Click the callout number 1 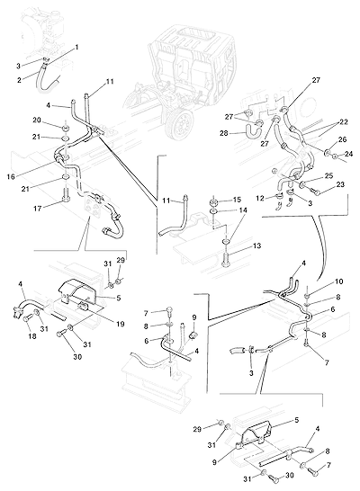pyautogui.click(x=76, y=48)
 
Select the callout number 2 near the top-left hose pyautogui.click(x=19, y=80)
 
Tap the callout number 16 pyautogui.click(x=11, y=177)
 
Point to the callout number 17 pyautogui.click(x=37, y=209)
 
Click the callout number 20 pyautogui.click(x=37, y=120)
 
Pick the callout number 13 pyautogui.click(x=256, y=246)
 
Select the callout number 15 pyautogui.click(x=238, y=200)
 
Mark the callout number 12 pyautogui.click(x=260, y=198)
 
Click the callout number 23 pyautogui.click(x=340, y=184)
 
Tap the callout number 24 pyautogui.click(x=348, y=154)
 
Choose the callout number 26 pyautogui.click(x=343, y=139)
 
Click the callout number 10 pyautogui.click(x=339, y=281)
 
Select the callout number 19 pyautogui.click(x=121, y=324)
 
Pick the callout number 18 pyautogui.click(x=32, y=336)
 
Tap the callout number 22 pyautogui.click(x=344, y=121)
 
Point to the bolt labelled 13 pyautogui.click(x=226, y=259)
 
